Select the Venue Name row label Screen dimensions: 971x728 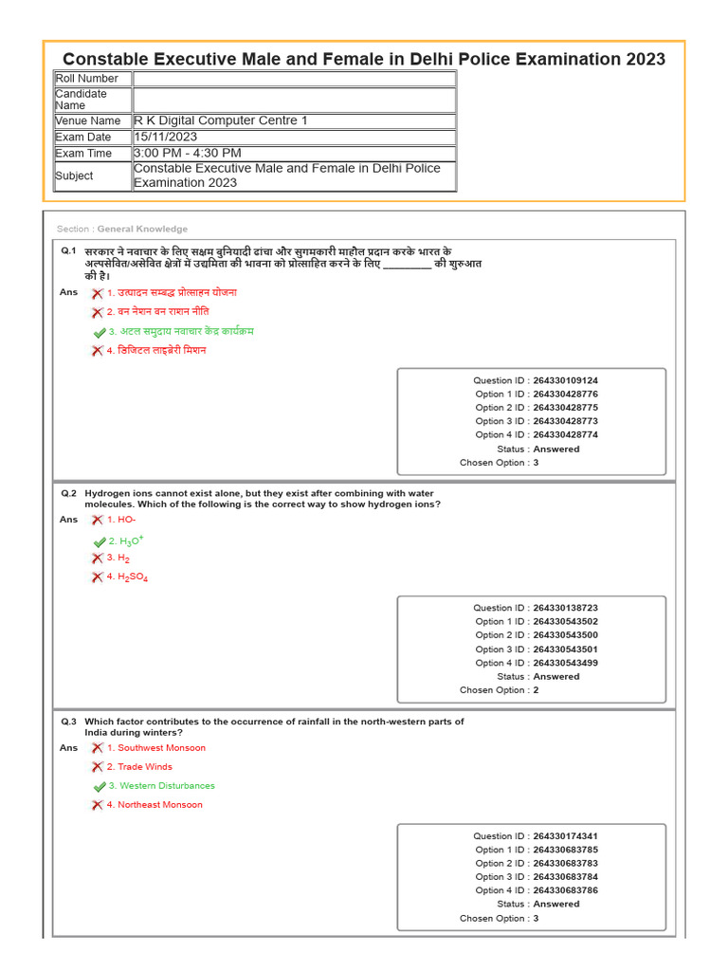pos(88,121)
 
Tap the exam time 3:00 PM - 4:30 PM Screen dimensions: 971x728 pos(188,153)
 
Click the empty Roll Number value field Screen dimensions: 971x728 pos(294,79)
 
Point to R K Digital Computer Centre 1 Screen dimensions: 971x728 pos(221,120)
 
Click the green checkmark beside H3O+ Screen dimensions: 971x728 pos(100,541)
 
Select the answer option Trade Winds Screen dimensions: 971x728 pos(145,767)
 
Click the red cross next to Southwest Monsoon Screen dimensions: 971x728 pos(97,748)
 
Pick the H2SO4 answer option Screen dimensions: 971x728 pos(133,577)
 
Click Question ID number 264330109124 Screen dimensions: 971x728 pos(565,380)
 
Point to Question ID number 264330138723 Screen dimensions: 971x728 pos(565,608)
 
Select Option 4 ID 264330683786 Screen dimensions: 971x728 pos(565,890)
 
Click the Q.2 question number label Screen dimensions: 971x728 pos(68,493)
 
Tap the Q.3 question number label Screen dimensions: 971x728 pos(68,722)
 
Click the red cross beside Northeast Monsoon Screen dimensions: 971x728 pos(97,805)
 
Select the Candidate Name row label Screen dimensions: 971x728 pos(82,100)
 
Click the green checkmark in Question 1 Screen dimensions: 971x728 pos(100,333)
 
